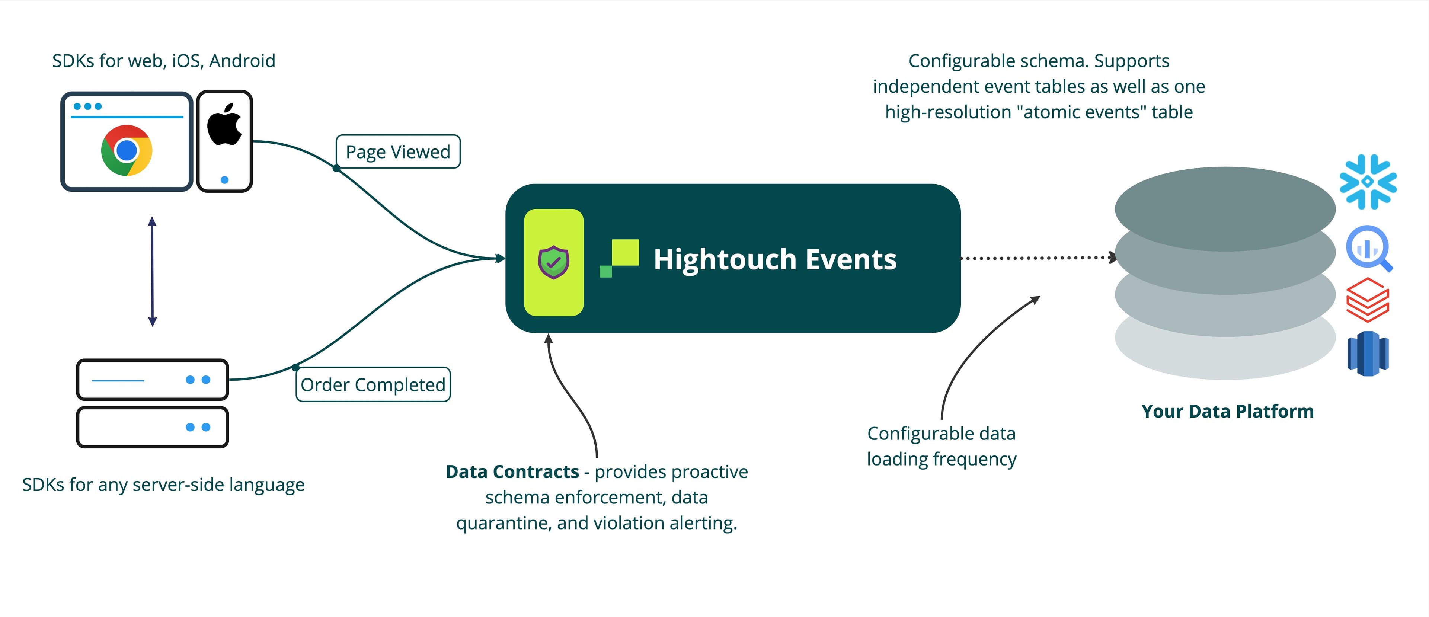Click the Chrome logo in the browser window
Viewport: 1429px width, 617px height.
pos(127,150)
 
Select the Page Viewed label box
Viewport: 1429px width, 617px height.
pos(398,151)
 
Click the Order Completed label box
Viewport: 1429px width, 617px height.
pos(373,384)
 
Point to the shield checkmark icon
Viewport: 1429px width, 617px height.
pos(553,262)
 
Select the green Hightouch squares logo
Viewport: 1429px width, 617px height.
pos(620,258)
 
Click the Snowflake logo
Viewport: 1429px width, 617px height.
pos(1368,182)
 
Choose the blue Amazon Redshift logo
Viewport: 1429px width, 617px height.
pos(1368,354)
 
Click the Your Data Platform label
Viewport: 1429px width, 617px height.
pos(1227,411)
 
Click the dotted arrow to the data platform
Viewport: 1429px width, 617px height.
pos(1038,258)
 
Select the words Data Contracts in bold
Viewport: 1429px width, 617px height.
pos(512,471)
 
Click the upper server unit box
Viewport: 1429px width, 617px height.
pos(153,380)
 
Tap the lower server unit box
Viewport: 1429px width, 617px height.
pos(153,427)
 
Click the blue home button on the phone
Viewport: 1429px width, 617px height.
pos(225,180)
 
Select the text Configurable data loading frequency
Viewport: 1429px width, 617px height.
pos(942,446)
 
